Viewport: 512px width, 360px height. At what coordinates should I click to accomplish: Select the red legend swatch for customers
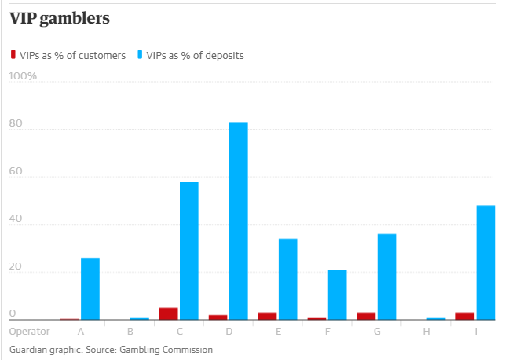[13, 55]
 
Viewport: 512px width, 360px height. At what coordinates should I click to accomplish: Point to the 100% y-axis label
[23, 76]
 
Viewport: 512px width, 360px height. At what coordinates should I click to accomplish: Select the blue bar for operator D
[239, 221]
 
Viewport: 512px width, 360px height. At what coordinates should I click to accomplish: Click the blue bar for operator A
[90, 288]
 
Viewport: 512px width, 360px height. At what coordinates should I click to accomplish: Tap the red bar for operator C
[168, 314]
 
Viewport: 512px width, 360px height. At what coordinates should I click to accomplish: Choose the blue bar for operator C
[189, 251]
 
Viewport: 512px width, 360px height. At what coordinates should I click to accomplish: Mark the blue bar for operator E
[288, 279]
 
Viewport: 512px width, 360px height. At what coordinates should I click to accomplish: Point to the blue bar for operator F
[338, 295]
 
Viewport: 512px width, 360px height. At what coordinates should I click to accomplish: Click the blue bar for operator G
[387, 277]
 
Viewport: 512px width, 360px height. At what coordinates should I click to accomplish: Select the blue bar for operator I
[486, 263]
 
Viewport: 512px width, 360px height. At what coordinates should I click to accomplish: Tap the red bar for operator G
[366, 316]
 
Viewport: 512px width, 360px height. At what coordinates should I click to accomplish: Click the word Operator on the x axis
[30, 332]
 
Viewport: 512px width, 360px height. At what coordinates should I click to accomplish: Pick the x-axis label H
[426, 332]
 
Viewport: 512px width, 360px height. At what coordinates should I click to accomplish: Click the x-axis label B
[130, 332]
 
